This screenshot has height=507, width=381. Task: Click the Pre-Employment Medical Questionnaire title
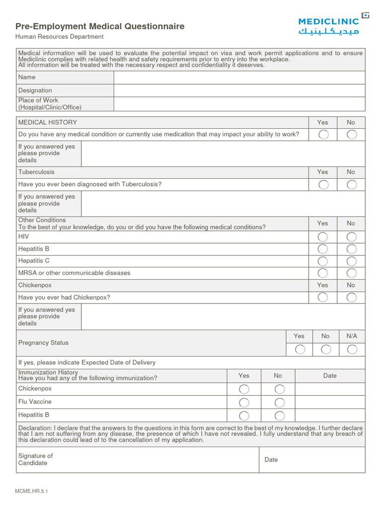click(100, 26)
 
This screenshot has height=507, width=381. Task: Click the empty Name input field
click(239, 78)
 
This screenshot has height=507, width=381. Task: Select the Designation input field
click(239, 91)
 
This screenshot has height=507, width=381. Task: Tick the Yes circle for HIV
click(323, 237)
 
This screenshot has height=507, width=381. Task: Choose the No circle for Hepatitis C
click(352, 261)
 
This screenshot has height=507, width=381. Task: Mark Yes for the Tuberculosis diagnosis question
click(323, 185)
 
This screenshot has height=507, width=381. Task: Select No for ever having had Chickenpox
click(352, 298)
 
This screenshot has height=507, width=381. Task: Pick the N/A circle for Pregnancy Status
click(352, 350)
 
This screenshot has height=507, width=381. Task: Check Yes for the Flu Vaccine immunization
click(244, 402)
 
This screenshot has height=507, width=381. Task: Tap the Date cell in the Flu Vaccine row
click(330, 402)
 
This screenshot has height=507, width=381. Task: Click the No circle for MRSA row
click(352, 273)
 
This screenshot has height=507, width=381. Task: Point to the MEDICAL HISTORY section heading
click(48, 122)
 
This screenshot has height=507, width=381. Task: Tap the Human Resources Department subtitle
click(59, 37)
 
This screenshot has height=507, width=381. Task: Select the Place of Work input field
click(239, 104)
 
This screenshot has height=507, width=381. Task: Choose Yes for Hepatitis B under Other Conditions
click(323, 249)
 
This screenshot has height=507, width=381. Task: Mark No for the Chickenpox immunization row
click(280, 389)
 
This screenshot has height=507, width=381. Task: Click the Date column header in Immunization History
click(330, 376)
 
